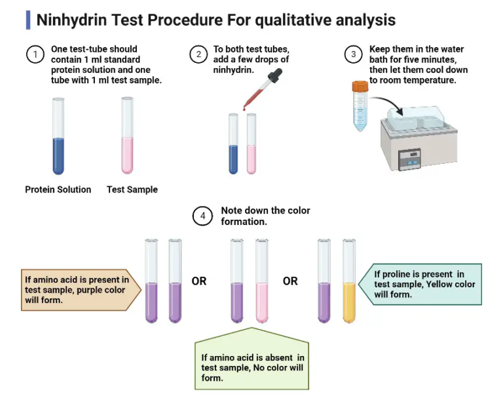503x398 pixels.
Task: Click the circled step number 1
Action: [34, 54]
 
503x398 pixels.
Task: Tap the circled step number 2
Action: [198, 54]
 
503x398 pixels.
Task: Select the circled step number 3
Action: [354, 54]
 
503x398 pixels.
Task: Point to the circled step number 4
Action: [204, 216]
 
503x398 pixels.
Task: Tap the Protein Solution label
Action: [58, 189]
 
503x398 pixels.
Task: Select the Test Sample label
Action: [132, 189]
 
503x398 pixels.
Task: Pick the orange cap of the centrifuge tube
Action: [359, 85]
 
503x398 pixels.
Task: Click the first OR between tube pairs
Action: [198, 281]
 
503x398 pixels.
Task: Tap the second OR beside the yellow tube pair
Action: [290, 281]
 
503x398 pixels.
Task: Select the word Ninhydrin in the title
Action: [67, 20]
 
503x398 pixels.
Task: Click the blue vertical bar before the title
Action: [28, 20]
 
